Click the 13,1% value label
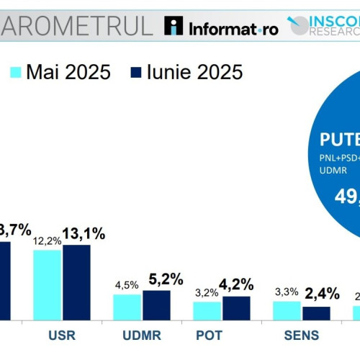click(84, 233)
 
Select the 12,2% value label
click(47, 240)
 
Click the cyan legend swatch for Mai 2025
click(15, 72)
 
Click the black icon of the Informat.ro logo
click(174, 26)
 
